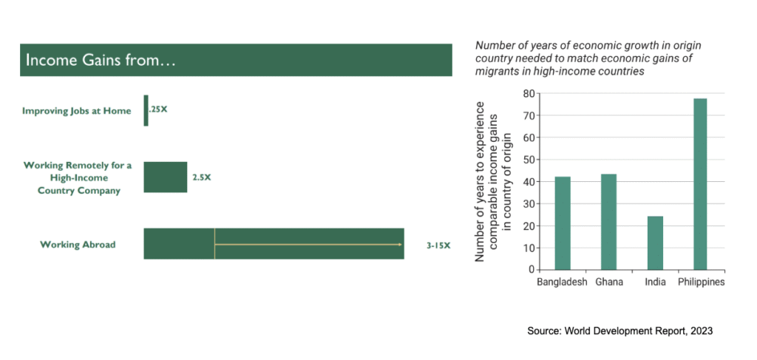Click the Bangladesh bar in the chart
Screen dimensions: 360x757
tap(563, 223)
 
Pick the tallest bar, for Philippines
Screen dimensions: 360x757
tap(701, 184)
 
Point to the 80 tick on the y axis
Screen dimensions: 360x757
tap(529, 94)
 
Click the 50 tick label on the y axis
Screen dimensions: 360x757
tap(529, 160)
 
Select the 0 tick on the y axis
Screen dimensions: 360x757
tap(532, 270)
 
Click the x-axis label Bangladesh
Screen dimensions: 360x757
tap(563, 282)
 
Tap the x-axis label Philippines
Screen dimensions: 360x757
tap(702, 282)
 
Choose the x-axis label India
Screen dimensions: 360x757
tap(655, 282)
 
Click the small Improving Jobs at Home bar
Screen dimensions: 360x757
tap(146, 110)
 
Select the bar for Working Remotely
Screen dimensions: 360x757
tap(165, 177)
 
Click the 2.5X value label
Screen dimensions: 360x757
tap(202, 177)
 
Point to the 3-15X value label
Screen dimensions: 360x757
tap(438, 245)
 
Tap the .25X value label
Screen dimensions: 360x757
tap(158, 110)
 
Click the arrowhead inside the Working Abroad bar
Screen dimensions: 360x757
tap(400, 244)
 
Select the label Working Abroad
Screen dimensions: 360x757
tap(78, 245)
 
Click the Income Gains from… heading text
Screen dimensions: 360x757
tap(101, 61)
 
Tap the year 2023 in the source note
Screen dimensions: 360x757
tap(700, 332)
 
